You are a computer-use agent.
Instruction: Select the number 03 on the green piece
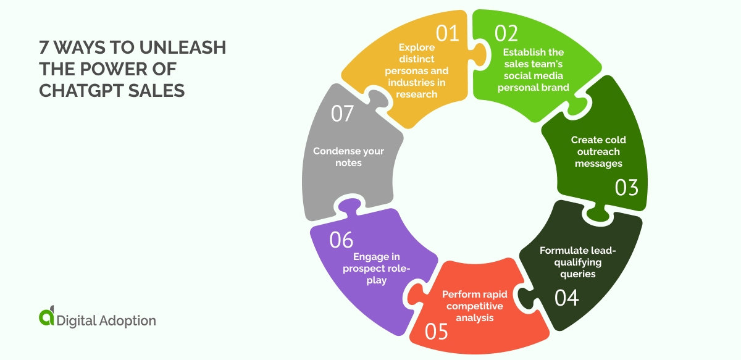click(626, 188)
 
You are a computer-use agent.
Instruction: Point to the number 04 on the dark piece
click(566, 298)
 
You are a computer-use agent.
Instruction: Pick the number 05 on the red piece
click(436, 332)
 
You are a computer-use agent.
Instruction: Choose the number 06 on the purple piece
click(341, 240)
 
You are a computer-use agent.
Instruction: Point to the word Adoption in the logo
click(128, 321)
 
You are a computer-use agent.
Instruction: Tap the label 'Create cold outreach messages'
click(598, 151)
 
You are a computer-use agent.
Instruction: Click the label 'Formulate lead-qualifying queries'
click(578, 262)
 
